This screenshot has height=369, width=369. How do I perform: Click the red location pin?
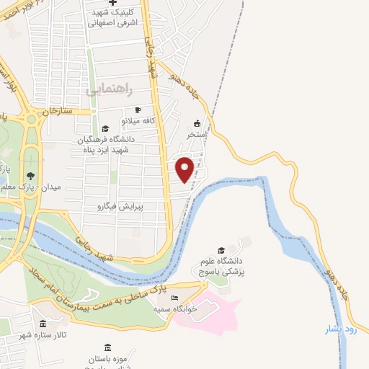point(186,169)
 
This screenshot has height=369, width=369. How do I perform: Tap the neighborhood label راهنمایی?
point(108,90)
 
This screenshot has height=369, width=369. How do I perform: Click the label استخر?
point(197,135)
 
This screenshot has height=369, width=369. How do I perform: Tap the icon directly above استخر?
point(197,123)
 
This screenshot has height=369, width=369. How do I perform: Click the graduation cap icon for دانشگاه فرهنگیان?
point(106,128)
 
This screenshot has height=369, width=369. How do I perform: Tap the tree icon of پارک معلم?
point(30,175)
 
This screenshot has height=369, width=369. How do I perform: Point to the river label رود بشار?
point(342,329)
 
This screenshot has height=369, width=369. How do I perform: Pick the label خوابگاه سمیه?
point(175,308)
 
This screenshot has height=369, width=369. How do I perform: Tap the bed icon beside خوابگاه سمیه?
point(175,297)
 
